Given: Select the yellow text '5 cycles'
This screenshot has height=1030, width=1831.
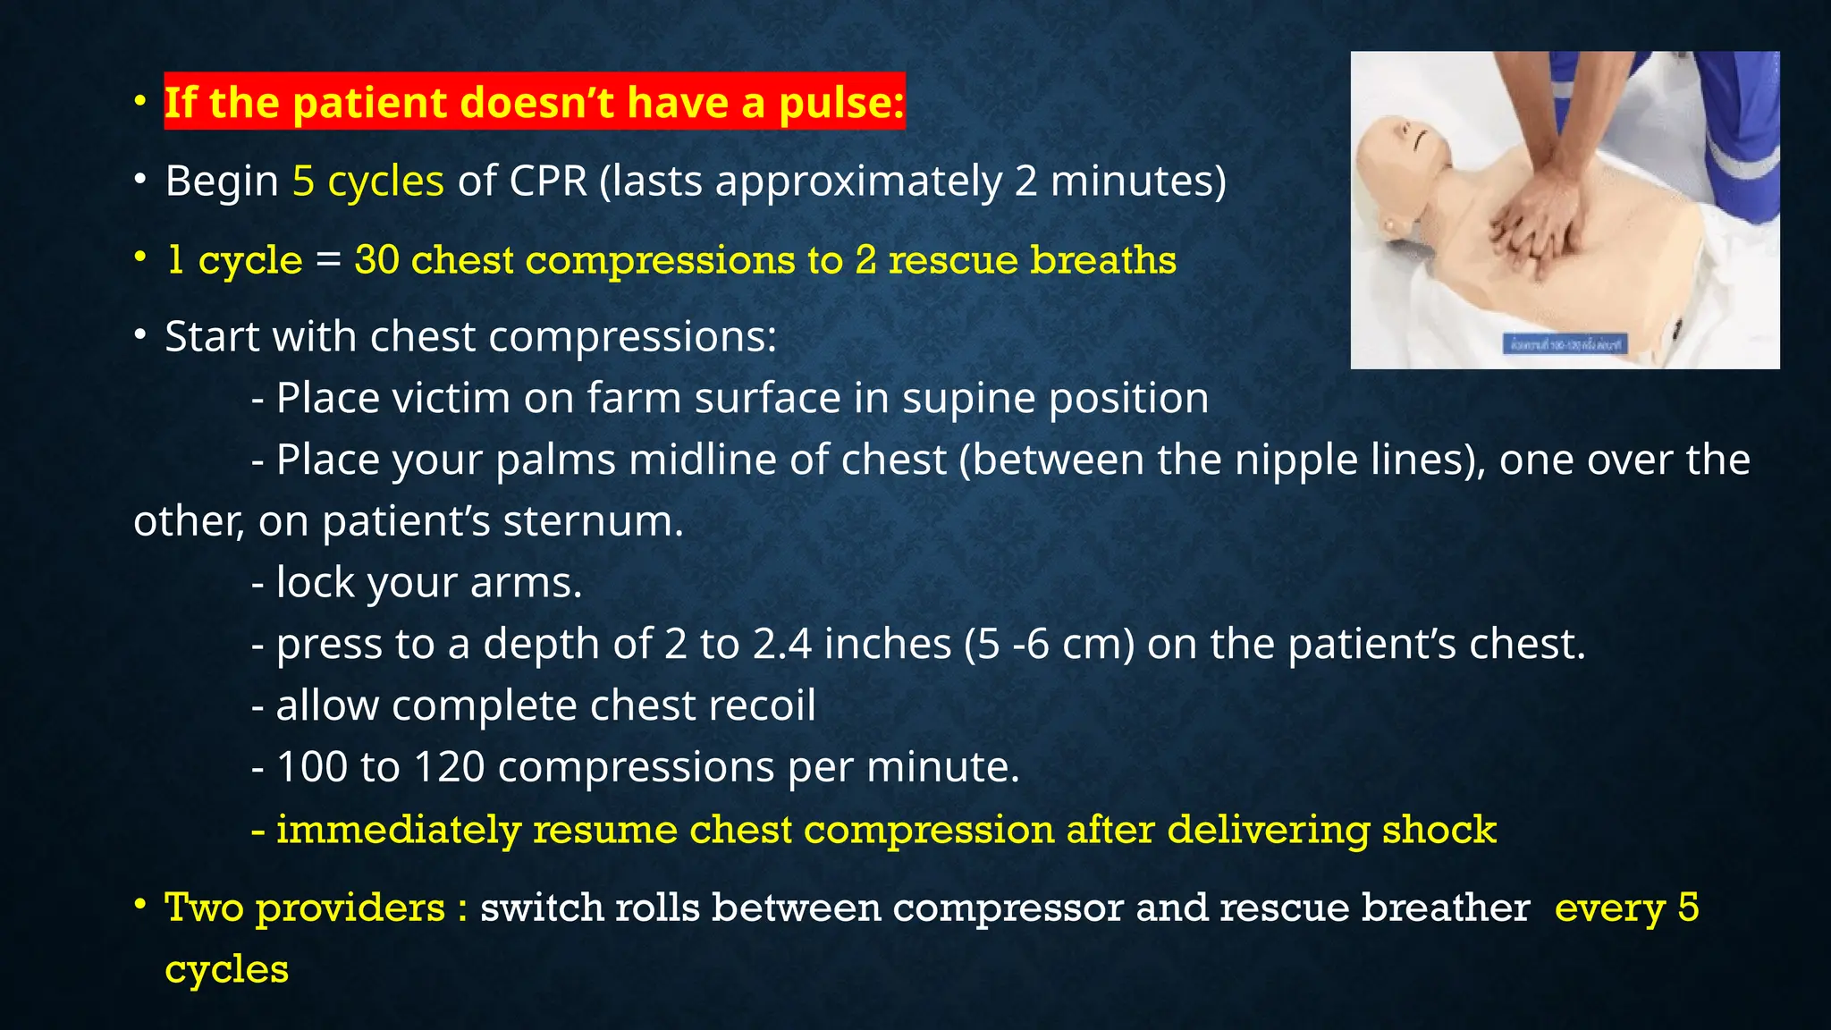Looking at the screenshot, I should (367, 182).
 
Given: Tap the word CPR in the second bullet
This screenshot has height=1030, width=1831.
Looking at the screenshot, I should (548, 182).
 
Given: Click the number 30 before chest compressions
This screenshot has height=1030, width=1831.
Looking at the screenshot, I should (376, 260).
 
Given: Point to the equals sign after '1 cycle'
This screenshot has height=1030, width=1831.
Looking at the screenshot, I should (328, 261).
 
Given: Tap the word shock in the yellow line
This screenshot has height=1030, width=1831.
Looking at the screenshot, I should (1439, 830).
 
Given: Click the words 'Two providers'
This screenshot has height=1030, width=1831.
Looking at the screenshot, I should (305, 908).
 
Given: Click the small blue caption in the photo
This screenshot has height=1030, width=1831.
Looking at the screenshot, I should (1565, 344).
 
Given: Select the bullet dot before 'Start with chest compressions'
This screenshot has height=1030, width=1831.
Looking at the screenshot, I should (139, 336).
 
